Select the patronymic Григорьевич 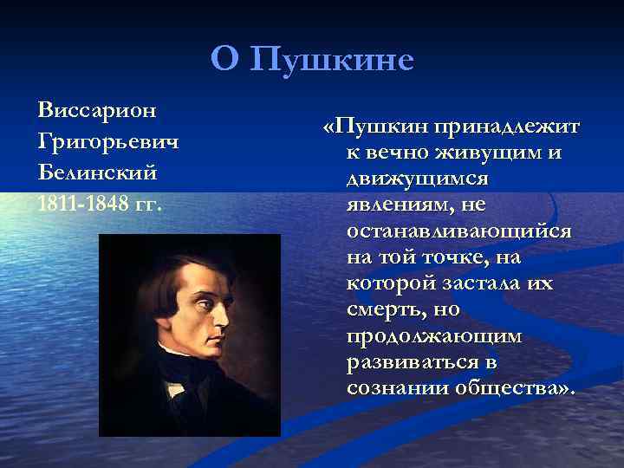tap(108, 141)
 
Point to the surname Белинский tap(98, 172)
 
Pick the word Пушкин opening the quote tap(378, 127)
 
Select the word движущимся tap(417, 179)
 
